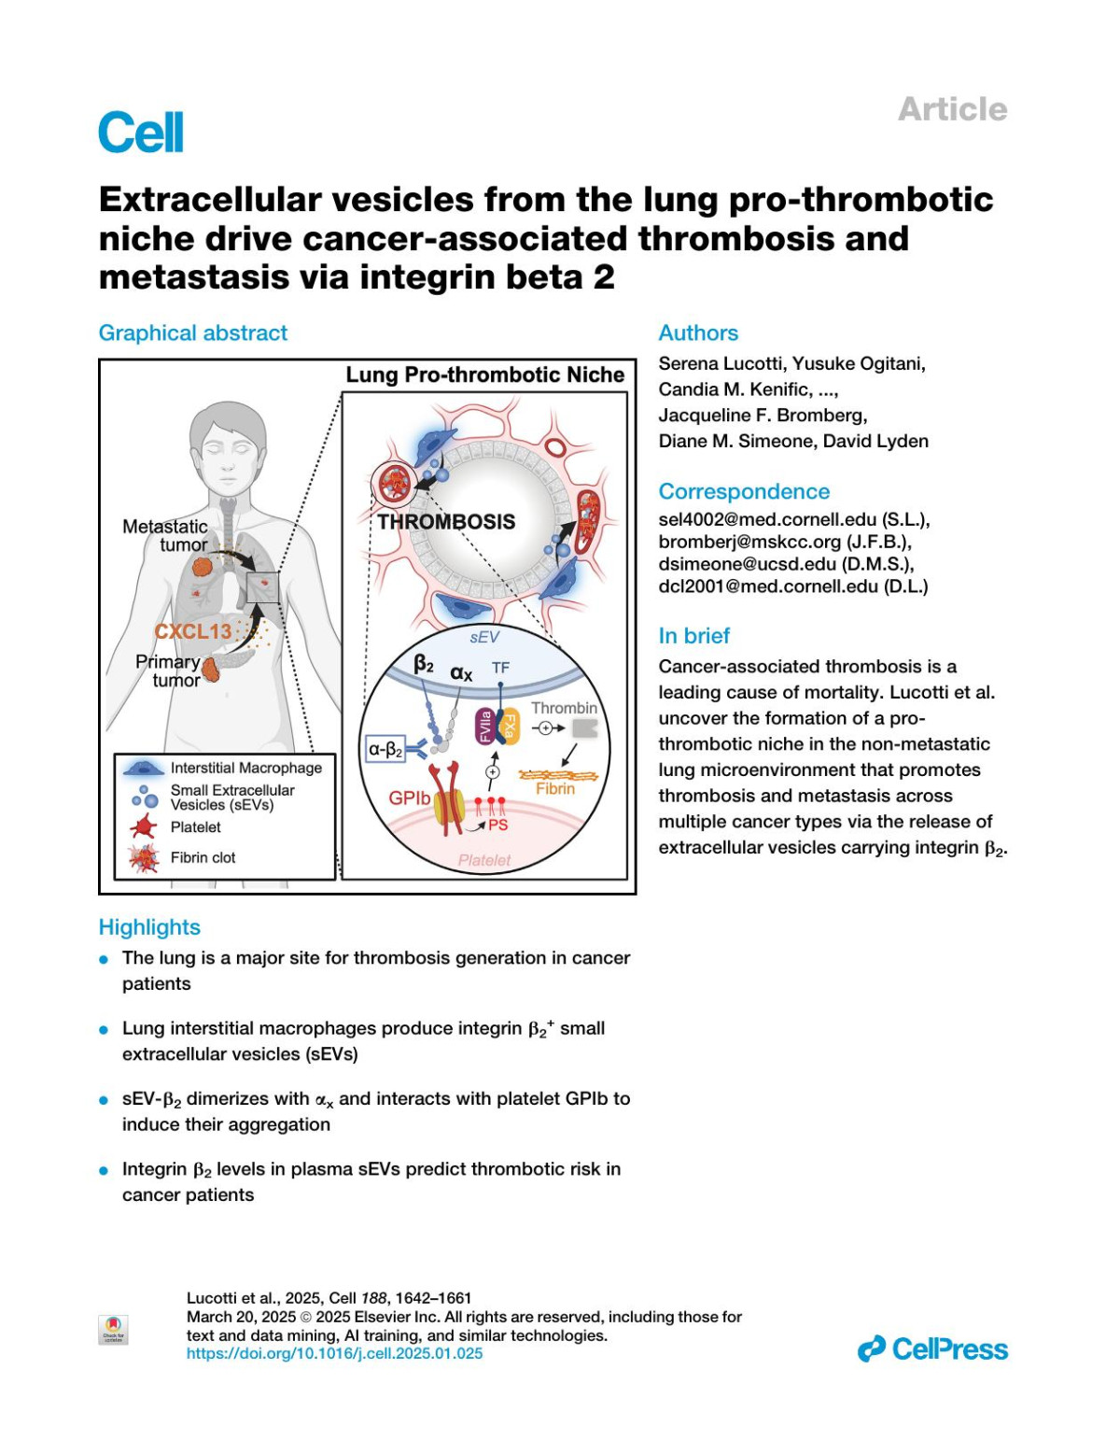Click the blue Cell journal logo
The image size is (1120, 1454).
(141, 133)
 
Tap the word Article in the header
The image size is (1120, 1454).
(952, 109)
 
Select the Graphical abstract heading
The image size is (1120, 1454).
(193, 333)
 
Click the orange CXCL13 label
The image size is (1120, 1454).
(193, 631)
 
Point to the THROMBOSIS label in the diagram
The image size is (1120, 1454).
(446, 522)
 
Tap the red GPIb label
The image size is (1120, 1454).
(410, 798)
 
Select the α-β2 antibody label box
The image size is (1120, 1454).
(385, 749)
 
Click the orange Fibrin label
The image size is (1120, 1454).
(555, 788)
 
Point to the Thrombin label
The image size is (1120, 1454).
(564, 708)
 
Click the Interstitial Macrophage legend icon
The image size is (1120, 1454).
(143, 768)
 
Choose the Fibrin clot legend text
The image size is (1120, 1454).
(203, 857)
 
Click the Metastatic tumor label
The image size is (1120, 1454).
(165, 535)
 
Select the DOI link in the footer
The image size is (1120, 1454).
(335, 1353)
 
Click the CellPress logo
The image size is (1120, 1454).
(932, 1349)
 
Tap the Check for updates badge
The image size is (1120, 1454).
(113, 1329)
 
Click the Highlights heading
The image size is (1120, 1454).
(149, 927)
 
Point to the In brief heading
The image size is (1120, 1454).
(694, 636)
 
